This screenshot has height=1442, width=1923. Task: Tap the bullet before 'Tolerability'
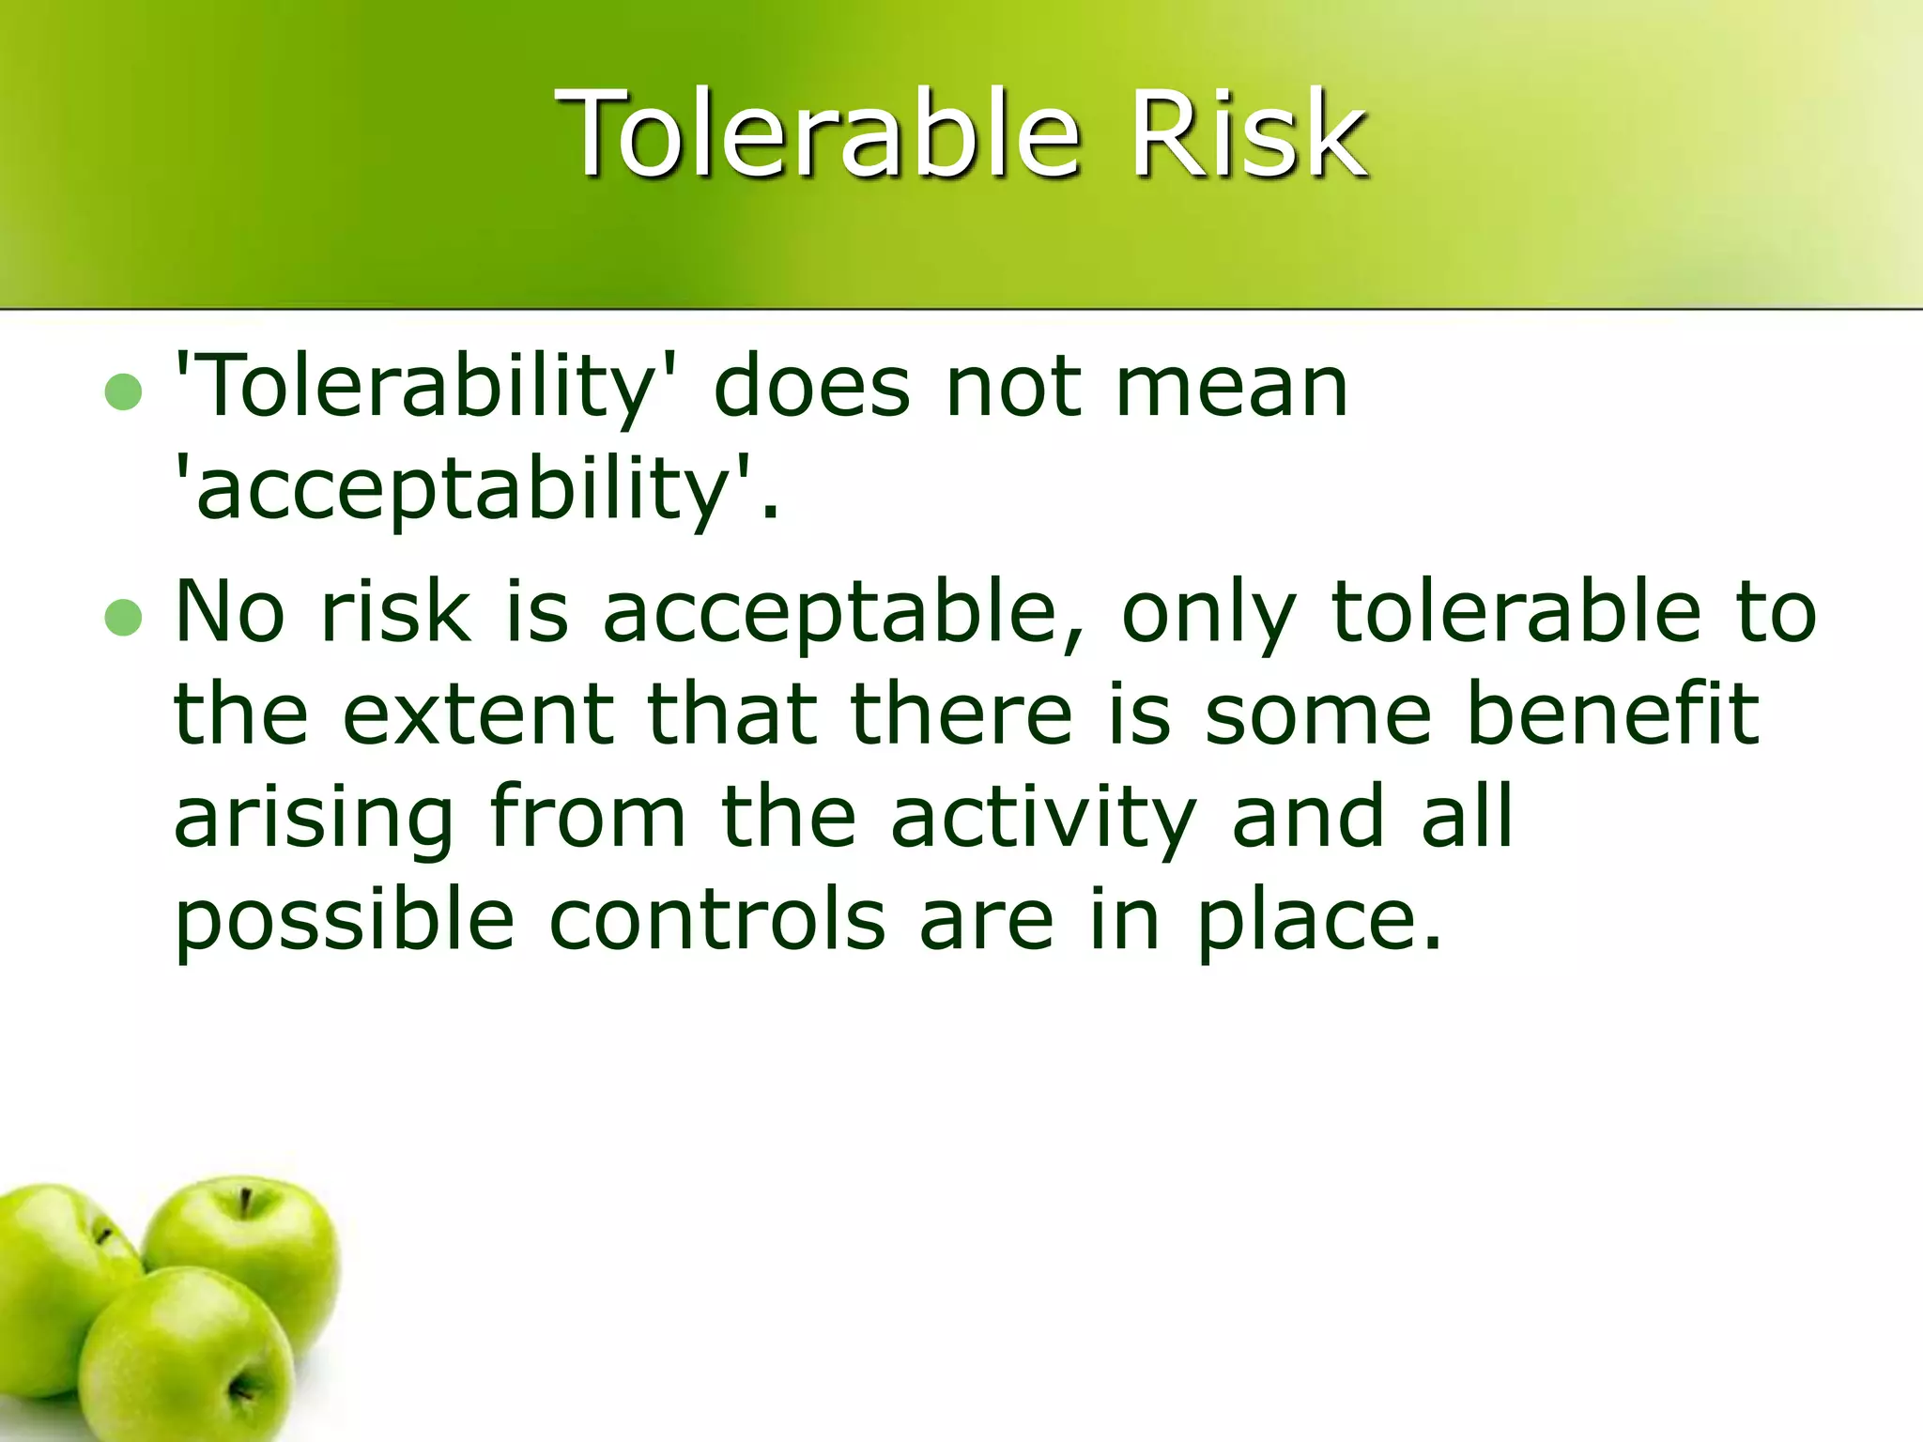point(123,392)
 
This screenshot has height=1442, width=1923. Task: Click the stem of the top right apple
point(246,1201)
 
